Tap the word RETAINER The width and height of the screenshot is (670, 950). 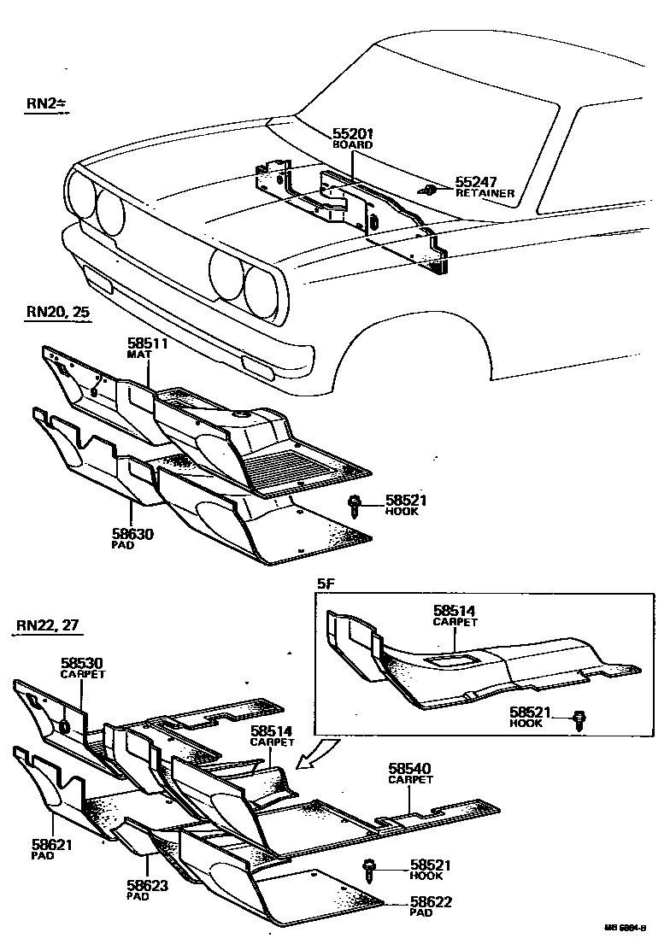tap(485, 194)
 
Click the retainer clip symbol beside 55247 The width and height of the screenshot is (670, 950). tap(430, 189)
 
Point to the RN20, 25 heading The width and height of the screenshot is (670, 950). tap(56, 312)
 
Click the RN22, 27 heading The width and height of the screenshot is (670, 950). tap(48, 625)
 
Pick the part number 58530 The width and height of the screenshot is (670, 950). tap(81, 663)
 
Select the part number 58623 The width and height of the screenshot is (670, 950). tap(147, 885)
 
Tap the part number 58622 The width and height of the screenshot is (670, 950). tap(432, 901)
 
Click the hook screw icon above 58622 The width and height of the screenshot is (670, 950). tap(372, 868)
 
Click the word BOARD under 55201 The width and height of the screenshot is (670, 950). tap(352, 145)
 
